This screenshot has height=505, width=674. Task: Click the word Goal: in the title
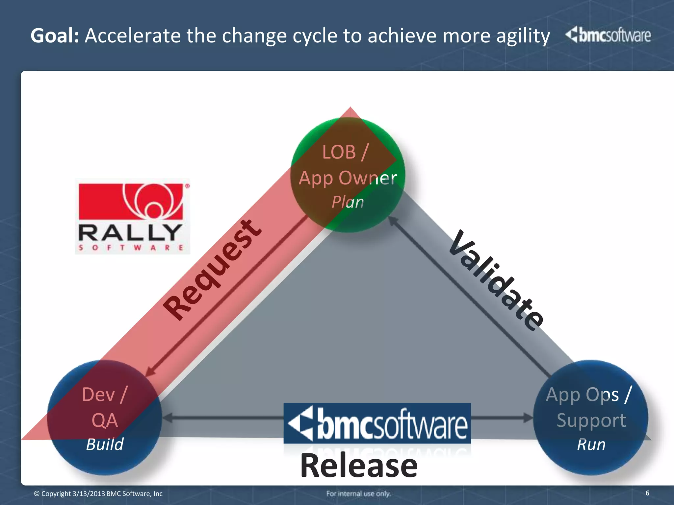pos(55,36)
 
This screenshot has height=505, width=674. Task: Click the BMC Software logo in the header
pos(608,35)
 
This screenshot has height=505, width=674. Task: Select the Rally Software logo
pos(132,216)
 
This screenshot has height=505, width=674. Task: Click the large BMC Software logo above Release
pos(377,423)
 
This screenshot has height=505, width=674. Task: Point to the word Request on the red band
pos(212,270)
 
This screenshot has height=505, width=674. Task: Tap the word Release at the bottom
pos(359,466)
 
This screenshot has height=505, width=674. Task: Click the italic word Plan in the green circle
pos(348,202)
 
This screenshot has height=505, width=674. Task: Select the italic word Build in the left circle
pos(105,445)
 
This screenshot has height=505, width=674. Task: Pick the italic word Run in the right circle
pos(591,445)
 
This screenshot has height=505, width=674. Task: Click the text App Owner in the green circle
pos(348,178)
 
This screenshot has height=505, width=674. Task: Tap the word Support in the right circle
pos(591,420)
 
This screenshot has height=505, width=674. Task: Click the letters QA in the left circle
pos(105,420)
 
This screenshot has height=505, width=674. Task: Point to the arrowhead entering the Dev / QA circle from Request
pos(150,372)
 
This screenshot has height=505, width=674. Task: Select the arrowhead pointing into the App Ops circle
pos(529,418)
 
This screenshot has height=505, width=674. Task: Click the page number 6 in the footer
pos(647,493)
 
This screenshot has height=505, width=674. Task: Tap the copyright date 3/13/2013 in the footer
pos(89,493)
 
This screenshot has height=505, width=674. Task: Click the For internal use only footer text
pos(358,493)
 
